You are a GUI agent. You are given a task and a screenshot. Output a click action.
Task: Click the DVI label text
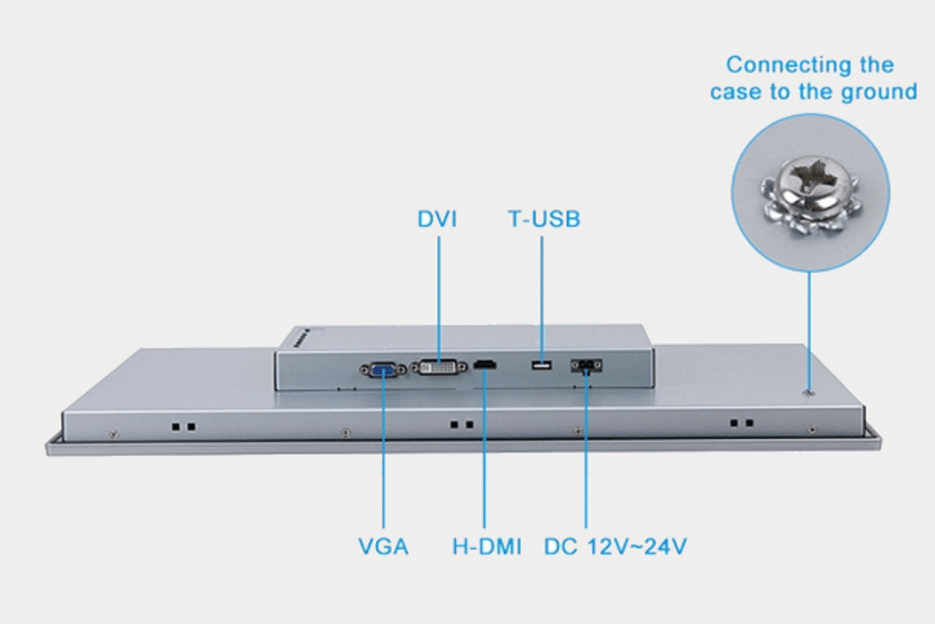[x=437, y=219]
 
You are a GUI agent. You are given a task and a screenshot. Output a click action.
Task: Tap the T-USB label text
[x=543, y=219]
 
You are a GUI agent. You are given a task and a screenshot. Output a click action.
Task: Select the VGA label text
[x=384, y=546]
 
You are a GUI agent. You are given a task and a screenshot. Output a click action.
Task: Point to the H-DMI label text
[x=487, y=546]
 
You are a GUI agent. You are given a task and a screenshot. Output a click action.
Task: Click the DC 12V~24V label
[x=616, y=546]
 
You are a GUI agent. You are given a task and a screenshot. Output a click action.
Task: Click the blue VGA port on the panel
[x=383, y=370]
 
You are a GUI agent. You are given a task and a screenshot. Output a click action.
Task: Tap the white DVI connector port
[x=439, y=368]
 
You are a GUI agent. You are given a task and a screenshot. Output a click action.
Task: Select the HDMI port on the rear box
[x=485, y=364]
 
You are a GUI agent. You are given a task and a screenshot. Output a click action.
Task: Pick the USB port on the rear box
[x=542, y=365]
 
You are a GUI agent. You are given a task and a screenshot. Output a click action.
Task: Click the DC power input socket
[x=586, y=365]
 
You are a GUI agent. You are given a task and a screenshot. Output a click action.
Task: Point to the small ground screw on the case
[x=809, y=392]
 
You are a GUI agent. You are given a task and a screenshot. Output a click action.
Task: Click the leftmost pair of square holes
[x=184, y=427]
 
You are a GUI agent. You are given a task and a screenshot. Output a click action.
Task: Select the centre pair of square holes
[x=462, y=424]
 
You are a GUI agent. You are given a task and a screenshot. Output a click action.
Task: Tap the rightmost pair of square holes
[x=742, y=423]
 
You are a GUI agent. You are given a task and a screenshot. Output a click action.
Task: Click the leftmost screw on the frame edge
[x=114, y=434]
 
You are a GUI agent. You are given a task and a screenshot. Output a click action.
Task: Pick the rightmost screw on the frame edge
[x=811, y=429]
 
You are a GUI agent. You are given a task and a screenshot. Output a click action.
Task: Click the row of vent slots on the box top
[x=301, y=338]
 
